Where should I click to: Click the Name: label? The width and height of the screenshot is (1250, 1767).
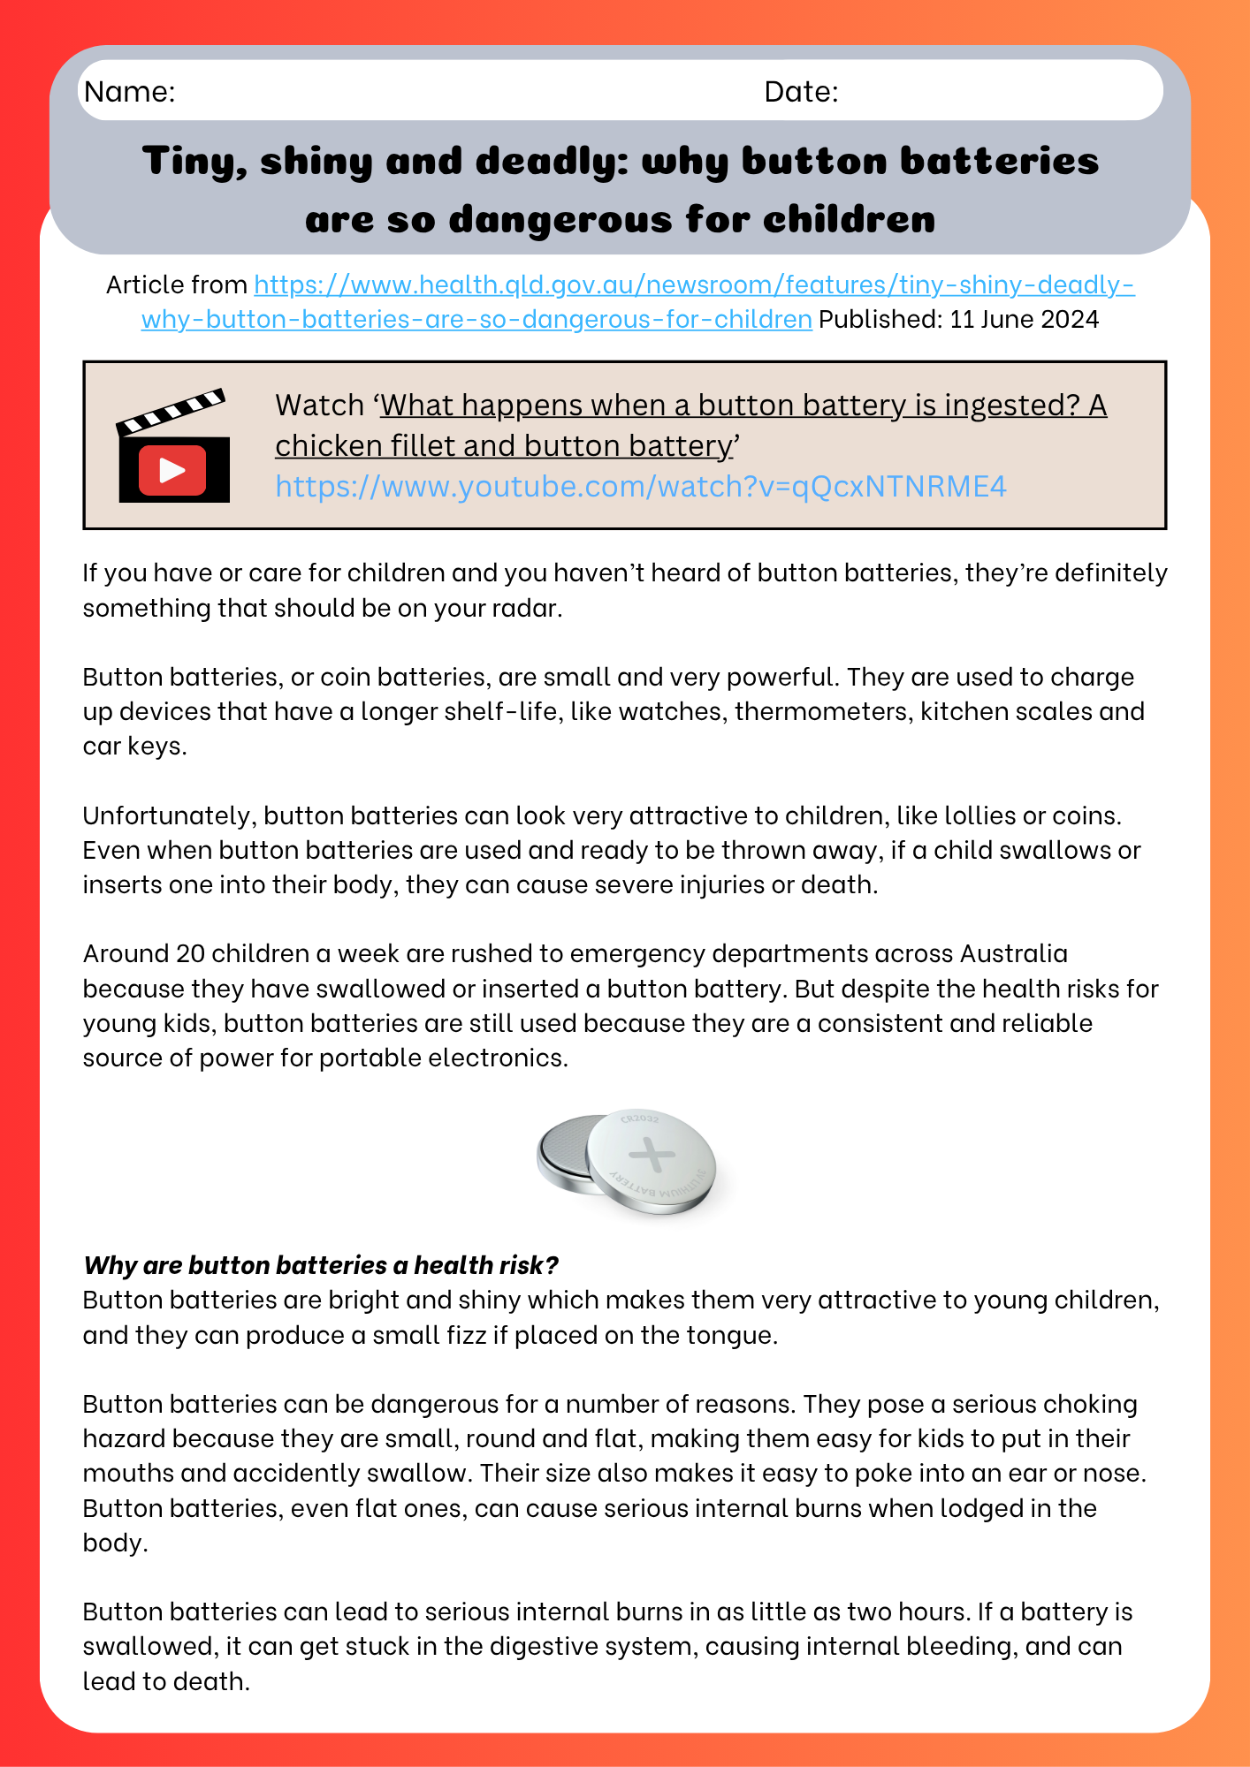130,92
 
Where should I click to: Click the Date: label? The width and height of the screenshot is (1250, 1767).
801,92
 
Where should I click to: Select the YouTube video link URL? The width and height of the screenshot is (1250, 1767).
640,487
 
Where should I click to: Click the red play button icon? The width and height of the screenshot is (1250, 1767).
172,470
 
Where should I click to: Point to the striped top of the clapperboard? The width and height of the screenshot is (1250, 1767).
171,411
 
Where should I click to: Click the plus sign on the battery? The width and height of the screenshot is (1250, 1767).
651,1155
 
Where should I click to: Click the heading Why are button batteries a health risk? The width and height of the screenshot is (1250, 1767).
321,1265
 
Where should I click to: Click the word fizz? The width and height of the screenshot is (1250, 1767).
465,1335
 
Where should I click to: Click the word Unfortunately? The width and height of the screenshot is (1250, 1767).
169,815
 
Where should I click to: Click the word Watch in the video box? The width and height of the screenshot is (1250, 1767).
319,406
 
